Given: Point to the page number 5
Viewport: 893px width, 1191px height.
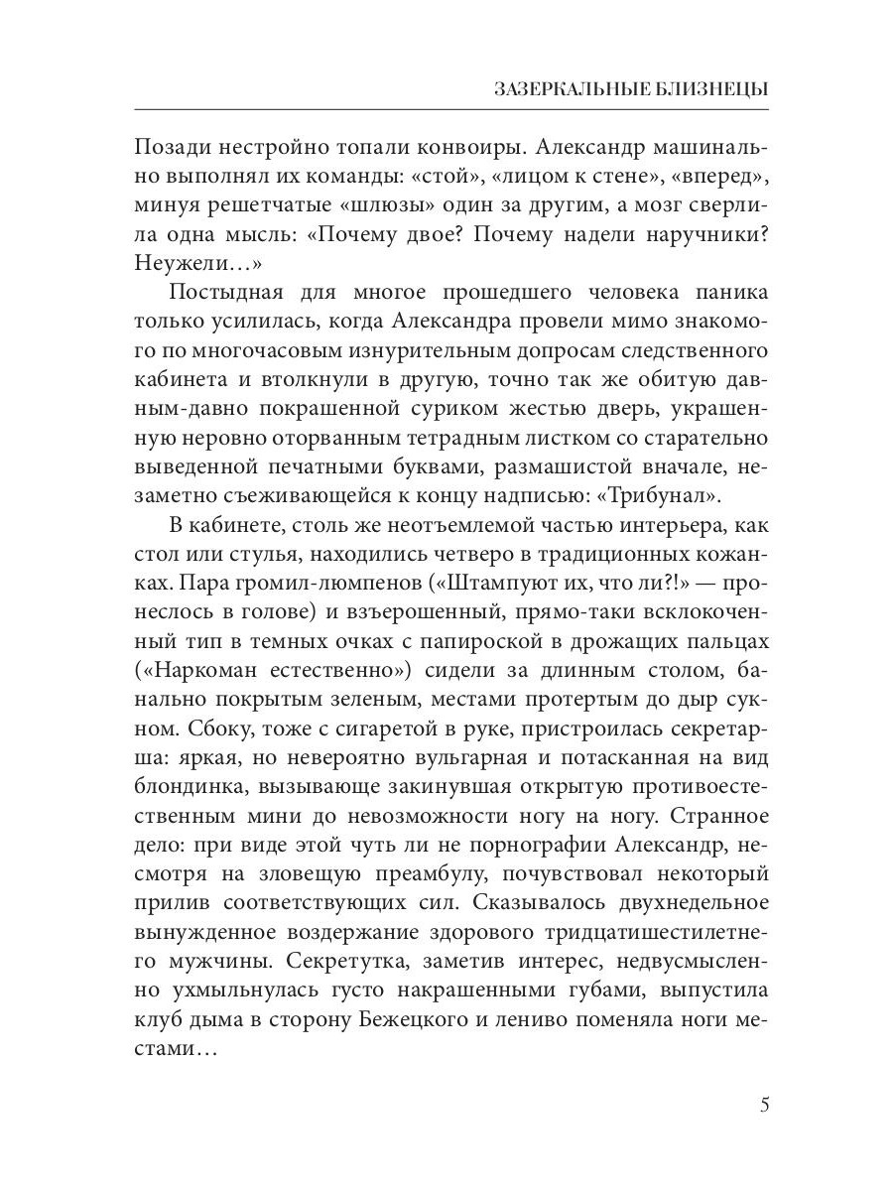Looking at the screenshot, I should (x=764, y=1106).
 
